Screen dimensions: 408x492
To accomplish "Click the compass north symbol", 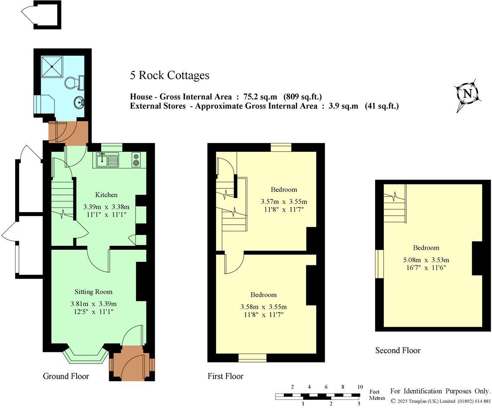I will click(x=467, y=94).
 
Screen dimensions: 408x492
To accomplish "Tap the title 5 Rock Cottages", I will click(x=169, y=76).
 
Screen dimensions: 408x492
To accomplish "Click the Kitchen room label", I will click(x=106, y=195).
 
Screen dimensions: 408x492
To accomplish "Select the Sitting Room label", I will click(x=93, y=292).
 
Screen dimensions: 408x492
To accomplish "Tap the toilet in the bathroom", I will click(x=73, y=82).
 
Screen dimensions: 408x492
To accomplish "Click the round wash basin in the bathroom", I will click(x=80, y=103).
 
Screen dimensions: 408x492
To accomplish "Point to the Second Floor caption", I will click(x=398, y=351).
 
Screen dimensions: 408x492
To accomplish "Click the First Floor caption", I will click(x=225, y=376).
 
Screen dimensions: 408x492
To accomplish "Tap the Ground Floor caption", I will click(x=66, y=376).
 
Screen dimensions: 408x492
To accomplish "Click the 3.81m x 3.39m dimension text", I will click(x=94, y=304).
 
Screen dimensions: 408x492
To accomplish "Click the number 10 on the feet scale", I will click(x=359, y=387).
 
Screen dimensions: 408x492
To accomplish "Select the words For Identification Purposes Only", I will click(x=440, y=391).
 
